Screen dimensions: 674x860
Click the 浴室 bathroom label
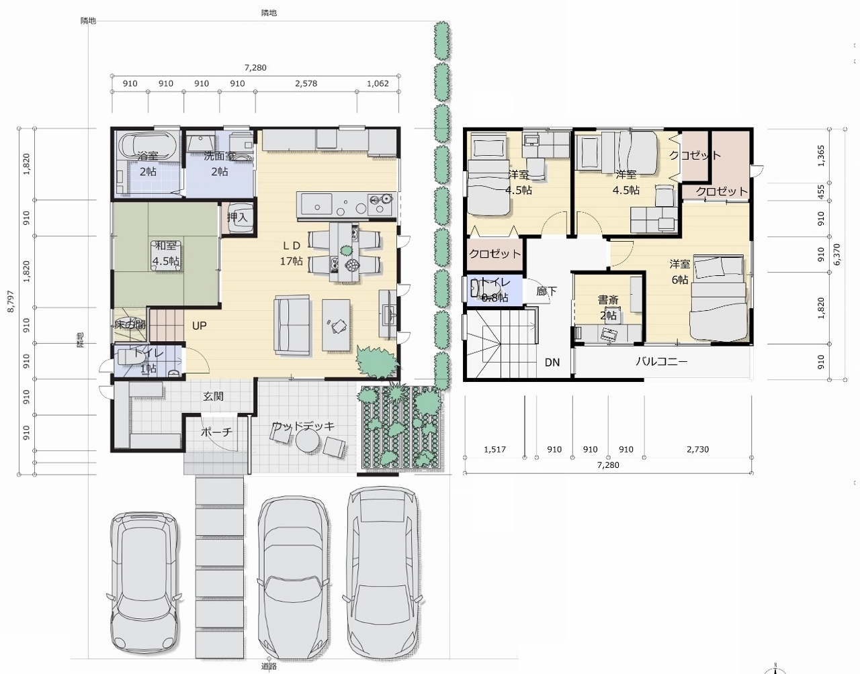(148, 156)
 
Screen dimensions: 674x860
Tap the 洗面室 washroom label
(220, 156)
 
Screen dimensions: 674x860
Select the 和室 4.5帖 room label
(165, 253)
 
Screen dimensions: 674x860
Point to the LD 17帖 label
(291, 253)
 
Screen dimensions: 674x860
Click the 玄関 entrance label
(213, 396)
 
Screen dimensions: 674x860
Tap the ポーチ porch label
(216, 432)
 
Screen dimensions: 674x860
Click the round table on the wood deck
(308, 441)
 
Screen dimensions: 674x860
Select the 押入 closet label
(237, 217)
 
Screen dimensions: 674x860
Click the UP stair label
(200, 326)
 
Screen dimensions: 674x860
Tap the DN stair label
(552, 363)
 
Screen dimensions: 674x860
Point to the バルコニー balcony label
(661, 362)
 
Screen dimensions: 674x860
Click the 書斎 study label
(609, 301)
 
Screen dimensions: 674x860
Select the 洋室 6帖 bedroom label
(679, 272)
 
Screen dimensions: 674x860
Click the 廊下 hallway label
(546, 291)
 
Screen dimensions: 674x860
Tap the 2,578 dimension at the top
(306, 84)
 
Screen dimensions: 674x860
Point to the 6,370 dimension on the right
(837, 254)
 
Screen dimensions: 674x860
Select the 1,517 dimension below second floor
(494, 449)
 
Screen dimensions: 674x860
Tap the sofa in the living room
(291, 324)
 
